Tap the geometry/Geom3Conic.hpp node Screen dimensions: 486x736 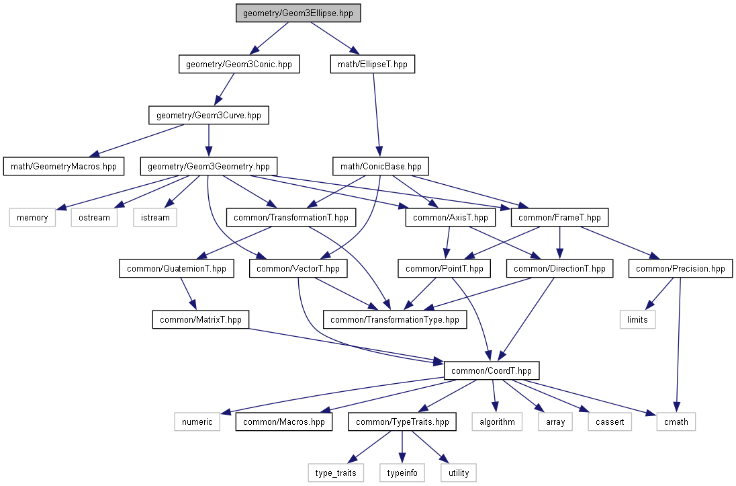(x=238, y=65)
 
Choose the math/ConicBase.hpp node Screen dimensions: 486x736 (x=380, y=166)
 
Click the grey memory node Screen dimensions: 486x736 (x=33, y=217)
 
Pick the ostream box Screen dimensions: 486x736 (x=94, y=217)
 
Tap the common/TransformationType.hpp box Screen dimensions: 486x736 (x=395, y=319)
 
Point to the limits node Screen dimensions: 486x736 (x=637, y=319)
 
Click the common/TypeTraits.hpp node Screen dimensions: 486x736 (x=402, y=421)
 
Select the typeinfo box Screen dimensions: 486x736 (x=402, y=473)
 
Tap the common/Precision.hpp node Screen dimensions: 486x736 (x=680, y=269)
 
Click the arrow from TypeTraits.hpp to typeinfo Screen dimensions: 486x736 (x=402, y=447)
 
